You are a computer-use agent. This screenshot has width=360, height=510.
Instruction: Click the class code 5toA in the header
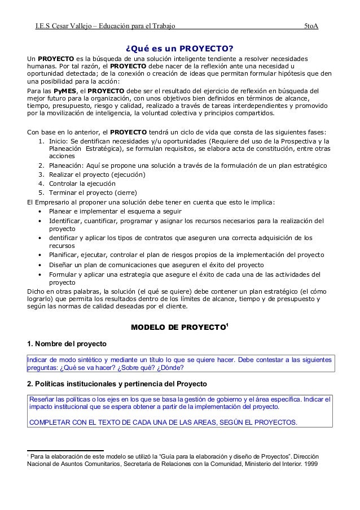coord(311,26)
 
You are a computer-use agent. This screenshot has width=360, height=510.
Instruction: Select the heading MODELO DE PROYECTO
coord(178,327)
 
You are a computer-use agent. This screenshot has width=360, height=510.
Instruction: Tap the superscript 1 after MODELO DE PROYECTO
coord(227,325)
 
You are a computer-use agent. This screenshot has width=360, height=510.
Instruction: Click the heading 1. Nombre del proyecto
coord(67,345)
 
